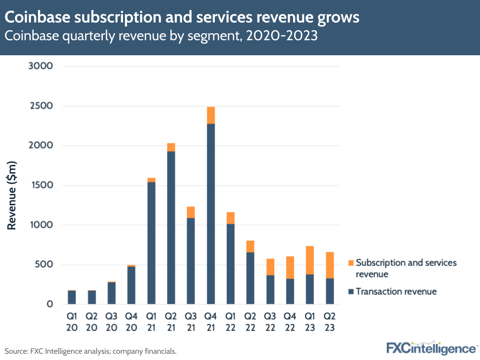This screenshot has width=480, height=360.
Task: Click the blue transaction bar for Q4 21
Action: (x=210, y=214)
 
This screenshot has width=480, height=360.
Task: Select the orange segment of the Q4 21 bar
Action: (x=210, y=115)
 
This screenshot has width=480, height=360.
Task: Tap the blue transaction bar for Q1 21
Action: (x=151, y=243)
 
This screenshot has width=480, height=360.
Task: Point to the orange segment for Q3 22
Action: (x=270, y=267)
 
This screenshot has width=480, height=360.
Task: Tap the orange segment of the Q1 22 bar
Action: (x=230, y=218)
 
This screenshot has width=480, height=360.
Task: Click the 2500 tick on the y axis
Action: (x=40, y=106)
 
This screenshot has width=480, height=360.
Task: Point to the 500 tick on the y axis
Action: (x=44, y=265)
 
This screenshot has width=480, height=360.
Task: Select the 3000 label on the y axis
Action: (x=40, y=66)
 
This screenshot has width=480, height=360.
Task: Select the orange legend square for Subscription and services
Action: (x=351, y=263)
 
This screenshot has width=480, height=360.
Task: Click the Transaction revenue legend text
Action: (x=396, y=291)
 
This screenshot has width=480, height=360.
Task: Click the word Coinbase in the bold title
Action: (x=36, y=18)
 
